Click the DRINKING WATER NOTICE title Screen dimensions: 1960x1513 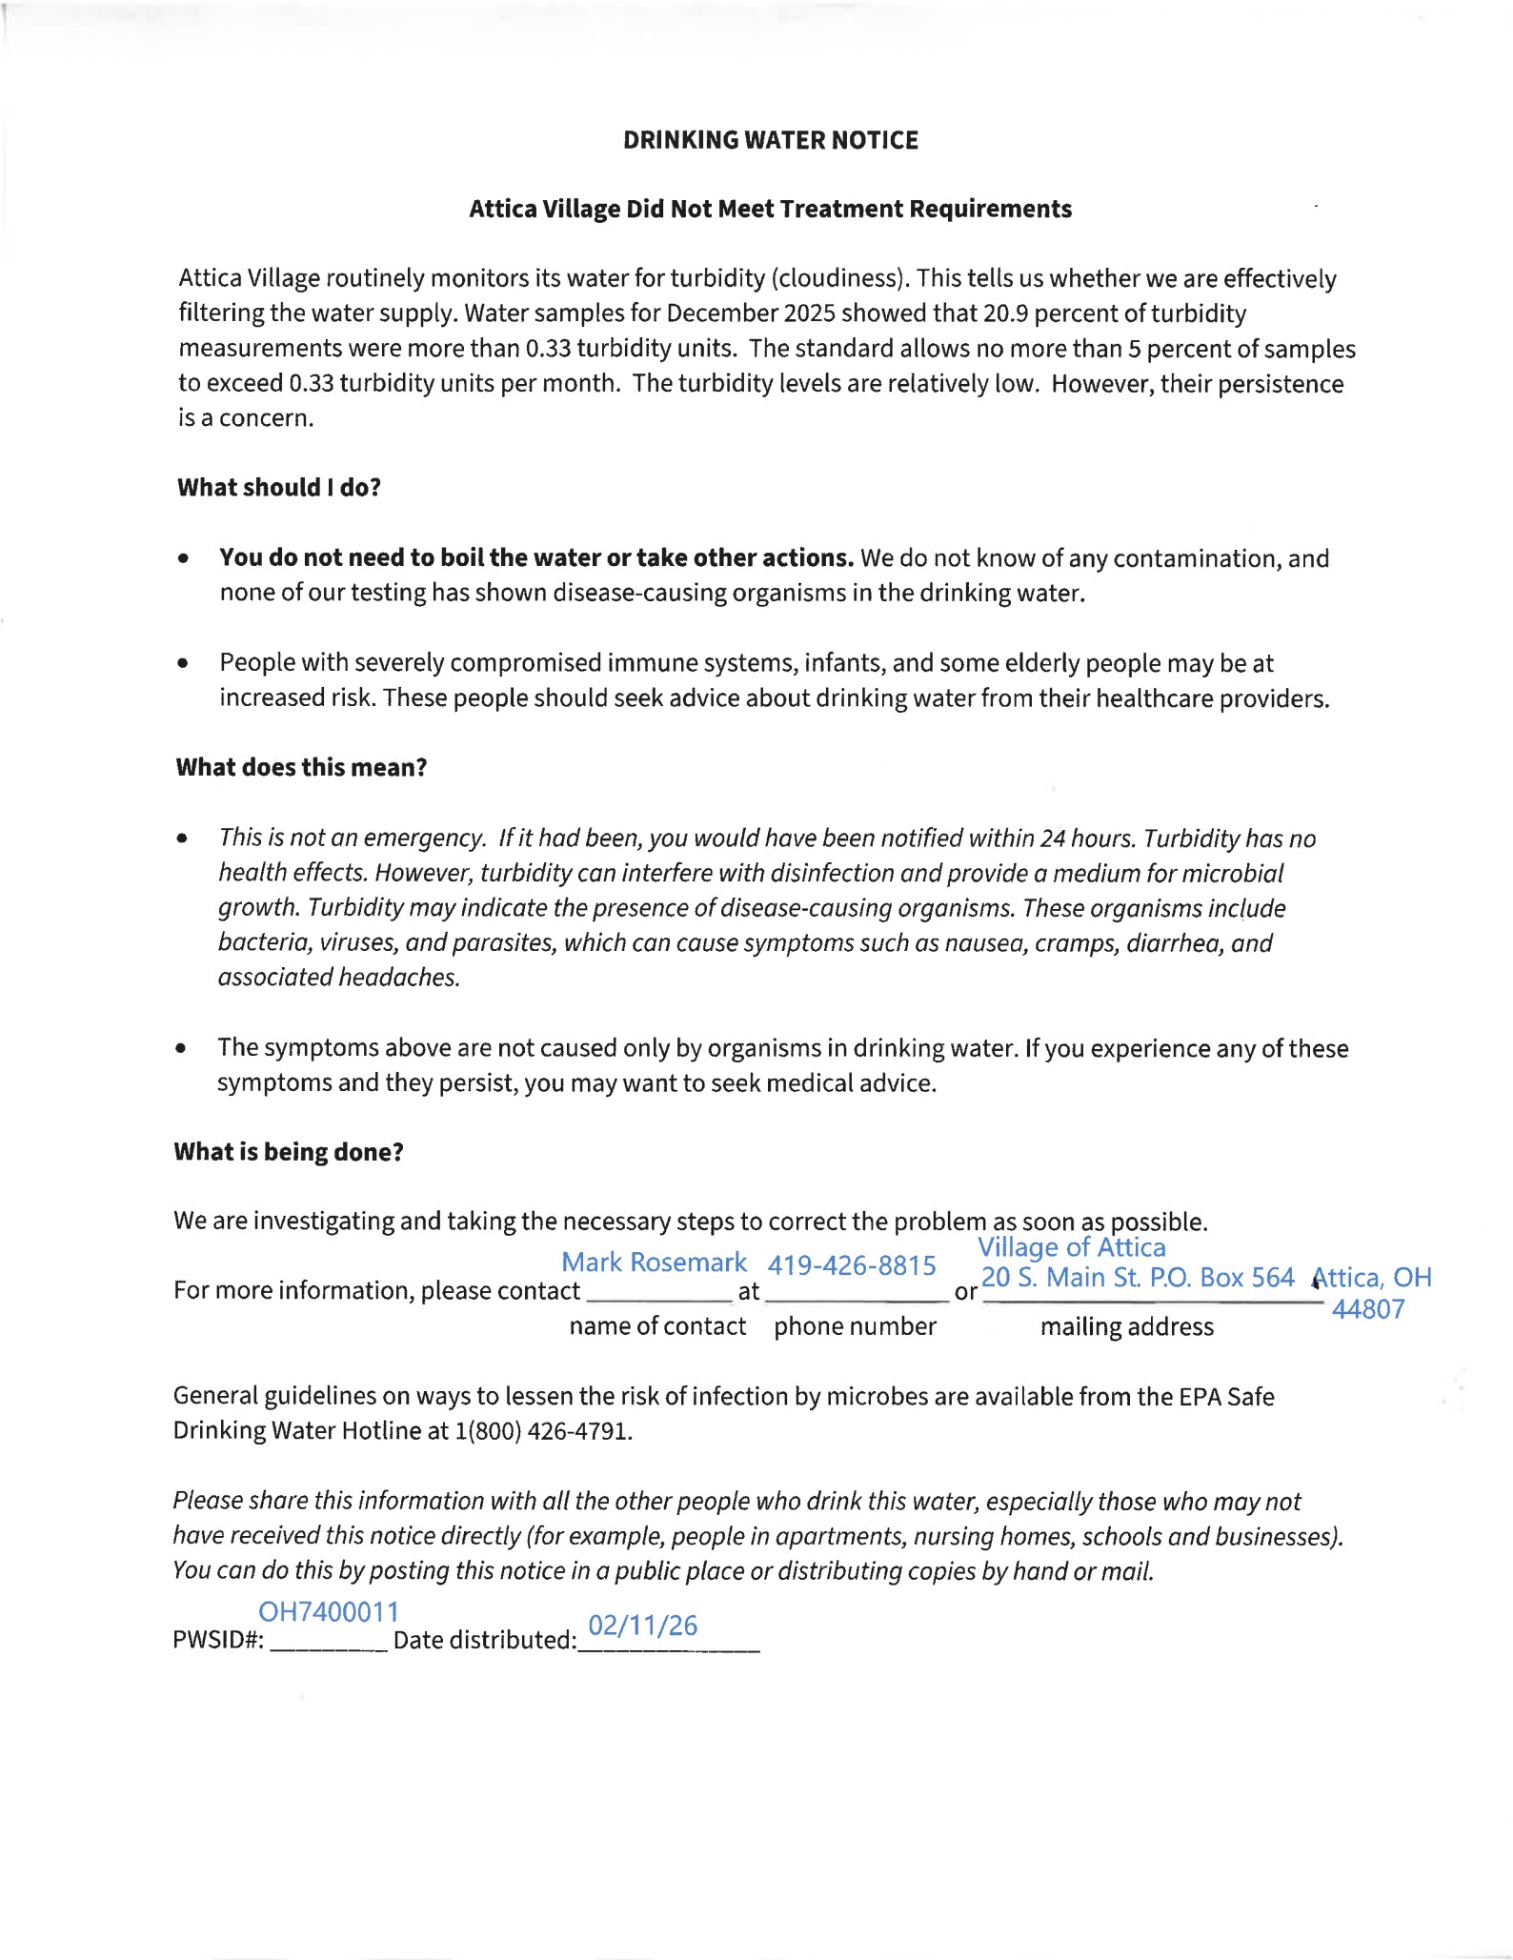tap(770, 140)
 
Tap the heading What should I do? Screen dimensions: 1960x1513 tap(279, 488)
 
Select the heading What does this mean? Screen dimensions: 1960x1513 tap(301, 768)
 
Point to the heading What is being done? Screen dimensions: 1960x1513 tap(289, 1152)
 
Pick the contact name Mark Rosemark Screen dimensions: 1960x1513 tap(654, 1263)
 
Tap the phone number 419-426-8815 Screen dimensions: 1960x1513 tap(852, 1265)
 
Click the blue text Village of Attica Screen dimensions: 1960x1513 tap(1071, 1247)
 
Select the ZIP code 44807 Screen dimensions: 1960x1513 tap(1368, 1309)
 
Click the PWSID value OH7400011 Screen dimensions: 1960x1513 tap(329, 1611)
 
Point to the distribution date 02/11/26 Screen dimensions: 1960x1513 tap(643, 1625)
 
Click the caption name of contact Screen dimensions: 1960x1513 tap(657, 1326)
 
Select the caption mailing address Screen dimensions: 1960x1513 tap(1126, 1327)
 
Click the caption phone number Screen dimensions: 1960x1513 tap(855, 1326)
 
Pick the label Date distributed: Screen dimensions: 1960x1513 tap(485, 1640)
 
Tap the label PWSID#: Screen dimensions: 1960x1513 tap(218, 1641)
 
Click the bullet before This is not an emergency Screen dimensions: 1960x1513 tap(182, 839)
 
